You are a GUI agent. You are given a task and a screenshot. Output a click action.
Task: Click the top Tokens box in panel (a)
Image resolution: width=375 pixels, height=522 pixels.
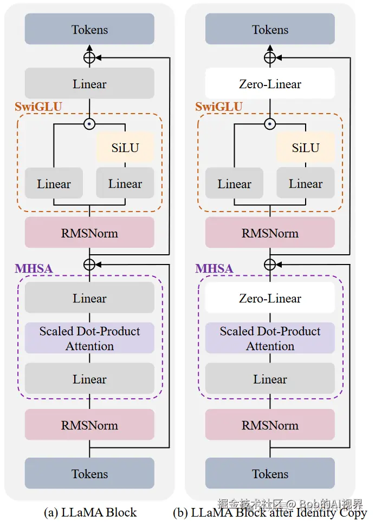[x=89, y=29]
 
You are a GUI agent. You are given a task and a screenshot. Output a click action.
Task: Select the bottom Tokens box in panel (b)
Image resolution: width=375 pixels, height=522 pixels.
[x=270, y=474]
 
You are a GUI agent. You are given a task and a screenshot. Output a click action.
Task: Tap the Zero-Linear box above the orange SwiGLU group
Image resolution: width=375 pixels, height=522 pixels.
[x=270, y=84]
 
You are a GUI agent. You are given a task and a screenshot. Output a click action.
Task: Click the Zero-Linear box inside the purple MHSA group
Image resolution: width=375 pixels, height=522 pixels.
[x=270, y=298]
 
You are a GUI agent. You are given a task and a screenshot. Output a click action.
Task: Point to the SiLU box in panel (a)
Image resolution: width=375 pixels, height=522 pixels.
[x=125, y=148]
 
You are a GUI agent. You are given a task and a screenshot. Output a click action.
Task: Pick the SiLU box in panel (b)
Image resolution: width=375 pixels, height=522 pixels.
[x=306, y=148]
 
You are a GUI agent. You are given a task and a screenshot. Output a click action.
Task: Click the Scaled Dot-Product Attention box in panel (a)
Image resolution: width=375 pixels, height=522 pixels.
[x=89, y=339]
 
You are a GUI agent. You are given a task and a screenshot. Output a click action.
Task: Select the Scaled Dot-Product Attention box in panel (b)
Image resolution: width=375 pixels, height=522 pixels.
[x=270, y=339]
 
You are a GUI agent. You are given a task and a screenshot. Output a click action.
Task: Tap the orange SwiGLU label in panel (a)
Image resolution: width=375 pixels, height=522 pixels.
[x=38, y=107]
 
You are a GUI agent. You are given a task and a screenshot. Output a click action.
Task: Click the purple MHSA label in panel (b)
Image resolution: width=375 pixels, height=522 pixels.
[x=214, y=268]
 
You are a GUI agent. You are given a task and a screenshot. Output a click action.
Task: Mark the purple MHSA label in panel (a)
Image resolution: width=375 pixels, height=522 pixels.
[x=34, y=268]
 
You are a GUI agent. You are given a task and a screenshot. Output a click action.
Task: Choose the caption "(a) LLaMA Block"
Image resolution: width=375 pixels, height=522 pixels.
[x=90, y=512]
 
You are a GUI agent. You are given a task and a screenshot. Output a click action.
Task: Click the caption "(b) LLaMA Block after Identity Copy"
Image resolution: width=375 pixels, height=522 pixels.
[x=270, y=512]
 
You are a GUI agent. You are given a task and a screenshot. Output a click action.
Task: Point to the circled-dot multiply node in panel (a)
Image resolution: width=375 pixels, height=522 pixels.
[x=89, y=124]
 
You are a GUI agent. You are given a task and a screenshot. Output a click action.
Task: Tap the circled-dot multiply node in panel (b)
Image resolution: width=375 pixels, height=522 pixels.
[x=270, y=124]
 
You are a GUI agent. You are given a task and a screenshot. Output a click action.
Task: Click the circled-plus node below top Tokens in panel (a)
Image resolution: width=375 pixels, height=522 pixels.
[x=89, y=57]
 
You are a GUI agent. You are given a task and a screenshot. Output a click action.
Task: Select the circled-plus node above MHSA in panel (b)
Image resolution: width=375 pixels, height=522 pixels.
[x=270, y=264]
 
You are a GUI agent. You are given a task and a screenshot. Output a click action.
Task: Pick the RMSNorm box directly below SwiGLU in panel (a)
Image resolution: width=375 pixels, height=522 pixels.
[x=89, y=233]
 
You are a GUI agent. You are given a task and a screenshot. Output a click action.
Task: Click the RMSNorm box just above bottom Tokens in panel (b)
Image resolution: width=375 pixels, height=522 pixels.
[x=270, y=425]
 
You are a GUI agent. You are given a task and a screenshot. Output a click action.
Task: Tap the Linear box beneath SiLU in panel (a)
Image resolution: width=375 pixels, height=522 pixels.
[x=125, y=183]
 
